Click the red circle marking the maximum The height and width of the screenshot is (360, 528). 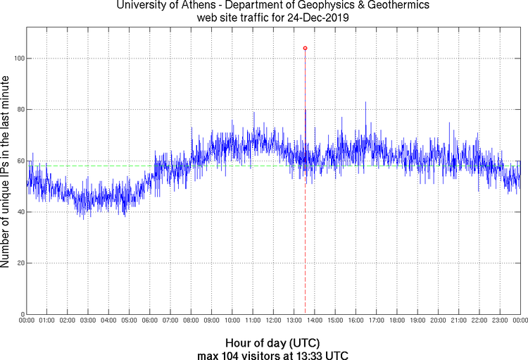point(305,48)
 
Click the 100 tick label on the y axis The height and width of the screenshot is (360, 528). point(18,58)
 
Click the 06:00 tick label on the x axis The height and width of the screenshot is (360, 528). point(150,321)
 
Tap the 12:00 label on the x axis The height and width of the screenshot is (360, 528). point(273,321)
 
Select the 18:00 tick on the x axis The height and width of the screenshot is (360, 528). point(397,321)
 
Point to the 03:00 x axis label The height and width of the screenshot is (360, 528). point(88,321)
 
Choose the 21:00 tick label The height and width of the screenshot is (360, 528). point(458,321)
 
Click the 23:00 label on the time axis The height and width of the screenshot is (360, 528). point(500,321)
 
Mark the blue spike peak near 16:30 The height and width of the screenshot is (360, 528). point(365,103)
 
